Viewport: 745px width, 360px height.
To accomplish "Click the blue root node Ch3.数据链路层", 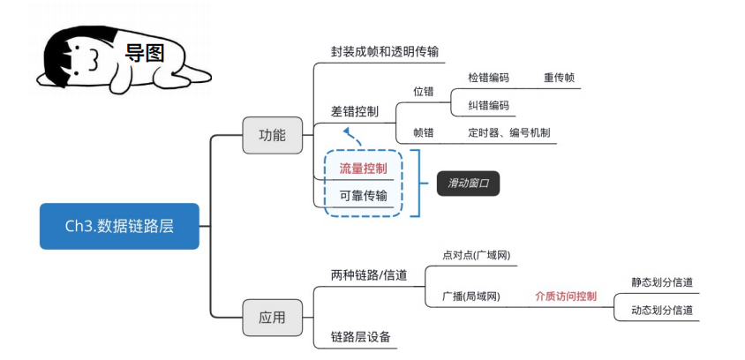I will (119, 226).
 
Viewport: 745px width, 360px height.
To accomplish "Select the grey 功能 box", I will (272, 135).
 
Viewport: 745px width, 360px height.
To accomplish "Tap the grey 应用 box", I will (272, 317).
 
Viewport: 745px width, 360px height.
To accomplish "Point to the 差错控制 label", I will (355, 111).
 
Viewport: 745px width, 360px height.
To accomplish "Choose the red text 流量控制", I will (363, 167).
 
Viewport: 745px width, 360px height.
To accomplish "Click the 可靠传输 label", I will (363, 195).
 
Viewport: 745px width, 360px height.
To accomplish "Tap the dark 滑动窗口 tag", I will (468, 184).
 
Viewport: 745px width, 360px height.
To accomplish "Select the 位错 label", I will (424, 91).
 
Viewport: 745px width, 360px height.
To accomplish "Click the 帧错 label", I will (424, 133).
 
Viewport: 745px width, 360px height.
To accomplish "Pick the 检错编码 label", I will (488, 78).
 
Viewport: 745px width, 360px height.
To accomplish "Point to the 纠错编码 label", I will (488, 106).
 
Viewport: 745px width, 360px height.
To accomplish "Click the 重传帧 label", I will (559, 78).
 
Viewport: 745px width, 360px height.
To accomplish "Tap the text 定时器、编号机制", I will (509, 133).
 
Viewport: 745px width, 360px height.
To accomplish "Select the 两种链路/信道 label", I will (369, 275).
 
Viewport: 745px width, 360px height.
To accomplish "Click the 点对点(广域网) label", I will (477, 255).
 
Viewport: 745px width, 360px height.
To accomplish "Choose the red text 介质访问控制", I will (566, 296).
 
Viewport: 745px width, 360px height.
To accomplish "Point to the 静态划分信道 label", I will (662, 282).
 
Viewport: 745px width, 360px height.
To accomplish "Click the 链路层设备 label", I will (360, 336).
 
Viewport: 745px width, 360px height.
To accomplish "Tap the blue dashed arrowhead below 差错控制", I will (349, 133).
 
